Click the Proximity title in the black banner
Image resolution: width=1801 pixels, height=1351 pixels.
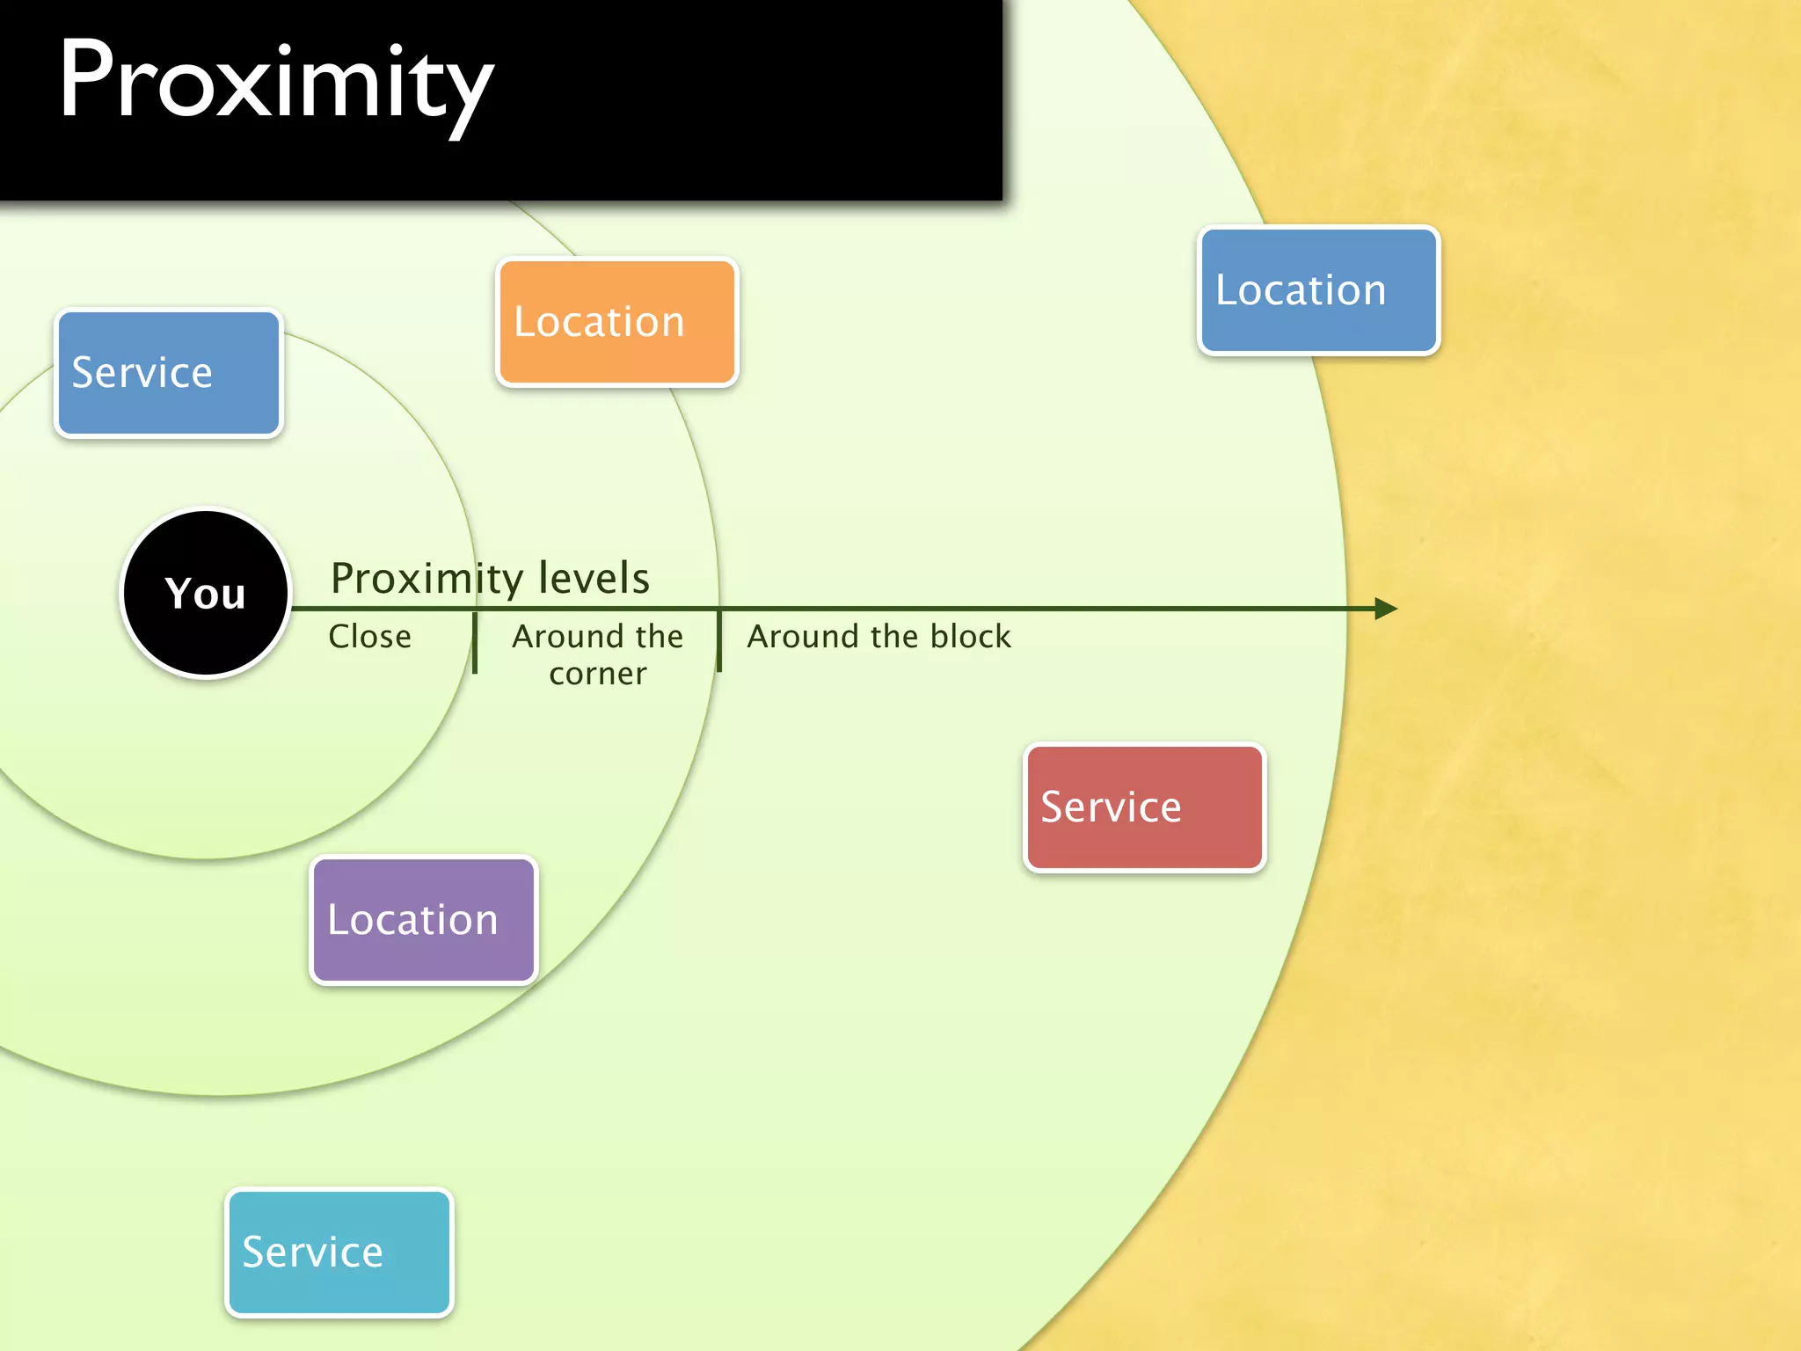pos(275,84)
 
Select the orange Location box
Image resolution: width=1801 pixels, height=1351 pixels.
pos(616,323)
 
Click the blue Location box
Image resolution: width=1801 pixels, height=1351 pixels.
pos(1318,291)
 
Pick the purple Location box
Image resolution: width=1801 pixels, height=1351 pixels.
pos(423,920)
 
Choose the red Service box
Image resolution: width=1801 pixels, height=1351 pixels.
pos(1144,807)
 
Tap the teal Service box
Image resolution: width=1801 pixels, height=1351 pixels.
pos(339,1252)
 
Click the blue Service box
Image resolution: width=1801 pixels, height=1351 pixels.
pos(168,373)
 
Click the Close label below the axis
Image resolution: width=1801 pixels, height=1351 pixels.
pos(369,636)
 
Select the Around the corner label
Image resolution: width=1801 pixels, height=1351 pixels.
pos(597,654)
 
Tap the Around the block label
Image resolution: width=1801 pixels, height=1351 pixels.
pos(879,636)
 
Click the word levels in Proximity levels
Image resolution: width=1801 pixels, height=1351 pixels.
pos(594,578)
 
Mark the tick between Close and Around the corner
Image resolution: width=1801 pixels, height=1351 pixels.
pos(475,643)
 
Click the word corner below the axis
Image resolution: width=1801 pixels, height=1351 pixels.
pos(597,674)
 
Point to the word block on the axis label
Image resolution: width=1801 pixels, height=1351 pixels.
pos(970,636)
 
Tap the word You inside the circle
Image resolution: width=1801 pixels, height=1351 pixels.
pos(206,594)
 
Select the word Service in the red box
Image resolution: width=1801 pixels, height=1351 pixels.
pos(1111,807)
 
